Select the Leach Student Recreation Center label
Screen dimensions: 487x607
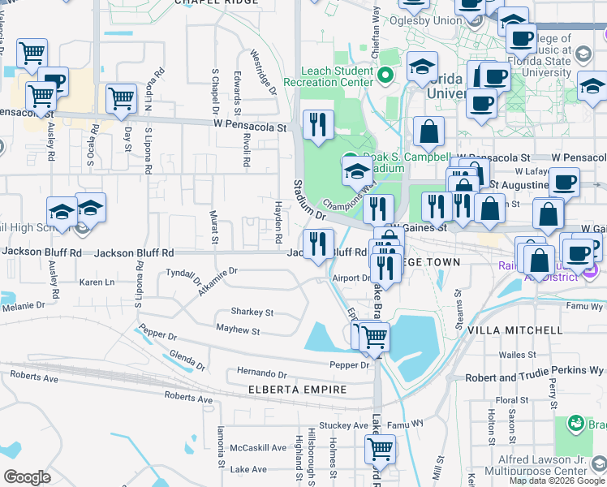click(x=328, y=76)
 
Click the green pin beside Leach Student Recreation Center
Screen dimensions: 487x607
click(x=385, y=75)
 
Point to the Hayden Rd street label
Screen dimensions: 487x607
click(x=278, y=219)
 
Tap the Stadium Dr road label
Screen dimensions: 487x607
click(x=308, y=200)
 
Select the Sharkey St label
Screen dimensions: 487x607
click(x=252, y=312)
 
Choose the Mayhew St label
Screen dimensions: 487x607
click(x=238, y=330)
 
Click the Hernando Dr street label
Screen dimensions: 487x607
click(x=262, y=374)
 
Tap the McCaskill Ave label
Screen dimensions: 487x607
click(x=258, y=447)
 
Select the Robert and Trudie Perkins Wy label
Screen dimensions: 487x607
click(x=534, y=378)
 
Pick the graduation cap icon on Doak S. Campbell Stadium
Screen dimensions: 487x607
click(x=356, y=171)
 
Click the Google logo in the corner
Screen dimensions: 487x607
click(x=27, y=477)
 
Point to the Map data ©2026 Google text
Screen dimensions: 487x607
click(x=557, y=481)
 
